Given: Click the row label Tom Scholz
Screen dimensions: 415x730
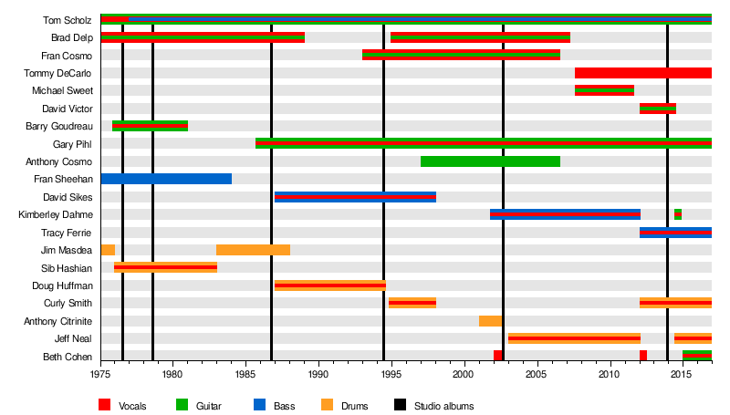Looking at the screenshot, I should click(67, 20).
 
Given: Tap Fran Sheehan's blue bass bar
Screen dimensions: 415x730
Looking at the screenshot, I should click(166, 179).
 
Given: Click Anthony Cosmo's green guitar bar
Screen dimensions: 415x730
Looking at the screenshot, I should click(490, 161).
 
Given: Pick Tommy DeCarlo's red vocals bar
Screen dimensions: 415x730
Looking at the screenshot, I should click(642, 73).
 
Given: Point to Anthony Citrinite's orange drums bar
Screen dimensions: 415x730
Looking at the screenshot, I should click(490, 320).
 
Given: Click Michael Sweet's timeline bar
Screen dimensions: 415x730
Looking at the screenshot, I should click(604, 90).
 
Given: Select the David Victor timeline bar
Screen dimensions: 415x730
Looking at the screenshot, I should click(657, 109).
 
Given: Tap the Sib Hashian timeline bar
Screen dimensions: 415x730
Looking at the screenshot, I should click(165, 267).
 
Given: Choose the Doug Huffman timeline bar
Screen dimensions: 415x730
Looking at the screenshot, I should click(329, 285).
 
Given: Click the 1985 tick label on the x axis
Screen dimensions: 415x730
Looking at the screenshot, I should click(245, 374).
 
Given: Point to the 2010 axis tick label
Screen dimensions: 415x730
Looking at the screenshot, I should click(610, 374).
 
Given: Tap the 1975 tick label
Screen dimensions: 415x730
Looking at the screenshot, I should click(100, 374).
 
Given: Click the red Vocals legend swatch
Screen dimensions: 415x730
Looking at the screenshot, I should click(105, 405).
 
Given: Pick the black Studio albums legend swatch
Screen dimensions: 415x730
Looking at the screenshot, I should click(399, 405).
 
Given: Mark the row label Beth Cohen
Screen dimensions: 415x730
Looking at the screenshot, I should click(67, 356).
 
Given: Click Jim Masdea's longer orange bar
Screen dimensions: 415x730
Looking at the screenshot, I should click(253, 250).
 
